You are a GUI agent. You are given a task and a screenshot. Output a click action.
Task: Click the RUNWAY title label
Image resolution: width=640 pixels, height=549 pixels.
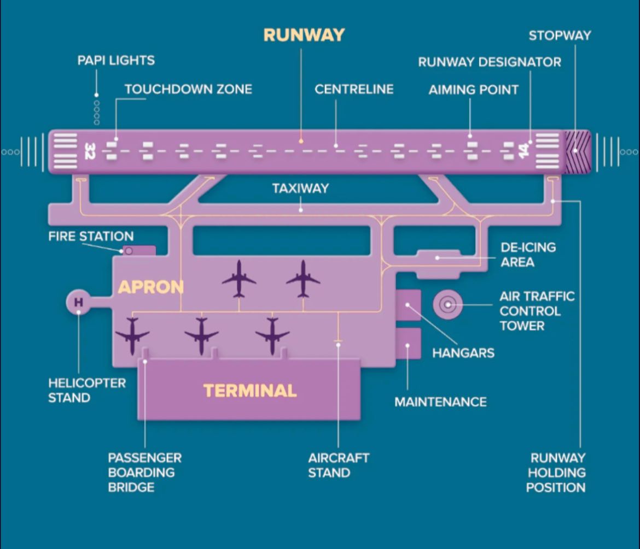(304, 35)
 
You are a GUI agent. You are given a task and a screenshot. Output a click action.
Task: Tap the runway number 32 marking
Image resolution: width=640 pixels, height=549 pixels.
(90, 151)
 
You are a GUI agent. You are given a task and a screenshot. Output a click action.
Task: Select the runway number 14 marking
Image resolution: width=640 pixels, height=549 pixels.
(523, 151)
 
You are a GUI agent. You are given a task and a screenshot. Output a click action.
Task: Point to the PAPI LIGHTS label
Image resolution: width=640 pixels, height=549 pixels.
(117, 60)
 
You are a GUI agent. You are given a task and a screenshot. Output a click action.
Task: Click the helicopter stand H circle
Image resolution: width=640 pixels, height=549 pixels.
(78, 302)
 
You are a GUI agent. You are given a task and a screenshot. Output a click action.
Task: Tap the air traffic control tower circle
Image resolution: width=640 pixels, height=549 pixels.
(448, 304)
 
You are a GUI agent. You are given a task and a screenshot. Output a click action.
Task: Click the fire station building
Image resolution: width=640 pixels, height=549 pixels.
(139, 251)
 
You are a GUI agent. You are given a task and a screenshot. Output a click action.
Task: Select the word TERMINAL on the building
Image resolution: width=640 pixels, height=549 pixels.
(250, 391)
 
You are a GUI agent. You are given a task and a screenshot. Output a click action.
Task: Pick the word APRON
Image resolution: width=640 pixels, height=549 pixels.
(150, 287)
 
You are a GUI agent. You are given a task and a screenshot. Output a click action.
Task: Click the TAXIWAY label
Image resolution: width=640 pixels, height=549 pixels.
(301, 188)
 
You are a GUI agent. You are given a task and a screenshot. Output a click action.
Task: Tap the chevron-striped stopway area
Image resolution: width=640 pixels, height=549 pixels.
(577, 151)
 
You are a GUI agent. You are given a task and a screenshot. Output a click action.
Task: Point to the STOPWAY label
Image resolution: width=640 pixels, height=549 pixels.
(560, 36)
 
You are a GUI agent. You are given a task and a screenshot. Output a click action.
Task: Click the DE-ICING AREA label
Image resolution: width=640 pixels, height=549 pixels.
(528, 255)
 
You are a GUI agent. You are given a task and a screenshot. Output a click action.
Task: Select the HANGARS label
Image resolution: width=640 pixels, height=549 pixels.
(463, 353)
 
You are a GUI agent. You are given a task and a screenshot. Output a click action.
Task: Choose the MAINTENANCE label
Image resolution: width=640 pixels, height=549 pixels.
(440, 402)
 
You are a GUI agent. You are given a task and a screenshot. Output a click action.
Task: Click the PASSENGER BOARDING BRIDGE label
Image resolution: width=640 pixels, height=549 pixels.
(145, 473)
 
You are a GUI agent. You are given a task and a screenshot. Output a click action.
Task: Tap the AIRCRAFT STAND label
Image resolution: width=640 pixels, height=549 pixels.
(339, 465)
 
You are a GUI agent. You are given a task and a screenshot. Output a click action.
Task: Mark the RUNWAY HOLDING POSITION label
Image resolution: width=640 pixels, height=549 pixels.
(556, 473)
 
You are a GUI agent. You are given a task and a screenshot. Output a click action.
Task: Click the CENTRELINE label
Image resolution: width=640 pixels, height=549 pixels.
(354, 89)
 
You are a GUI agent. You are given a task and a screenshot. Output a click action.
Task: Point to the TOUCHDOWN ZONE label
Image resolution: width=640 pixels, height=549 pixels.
(189, 89)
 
